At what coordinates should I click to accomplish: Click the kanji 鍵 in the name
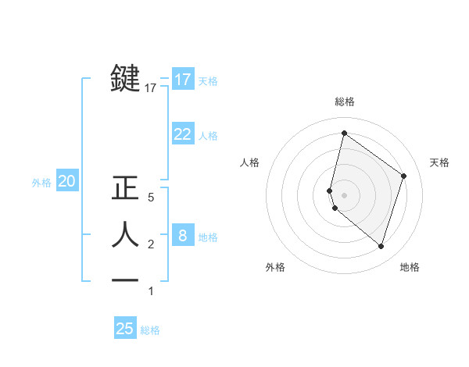(x=127, y=79)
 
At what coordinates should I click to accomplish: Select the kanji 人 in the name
(x=127, y=234)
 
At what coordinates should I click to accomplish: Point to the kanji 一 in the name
(x=127, y=280)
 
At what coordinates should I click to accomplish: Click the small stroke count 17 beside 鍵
(x=151, y=89)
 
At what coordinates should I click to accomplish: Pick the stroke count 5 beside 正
(x=151, y=198)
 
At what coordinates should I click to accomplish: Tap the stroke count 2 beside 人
(x=151, y=244)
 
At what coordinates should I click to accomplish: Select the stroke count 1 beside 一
(x=151, y=291)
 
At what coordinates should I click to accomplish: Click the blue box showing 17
(x=182, y=80)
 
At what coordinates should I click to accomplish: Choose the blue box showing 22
(x=182, y=134)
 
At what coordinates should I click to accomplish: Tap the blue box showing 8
(x=182, y=235)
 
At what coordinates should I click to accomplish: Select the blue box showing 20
(x=66, y=181)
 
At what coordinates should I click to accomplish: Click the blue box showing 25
(x=125, y=329)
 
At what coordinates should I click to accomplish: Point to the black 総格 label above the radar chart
(x=345, y=102)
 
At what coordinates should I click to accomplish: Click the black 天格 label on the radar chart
(x=440, y=162)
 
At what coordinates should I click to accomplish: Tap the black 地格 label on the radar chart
(x=410, y=268)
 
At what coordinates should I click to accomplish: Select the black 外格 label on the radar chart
(x=275, y=268)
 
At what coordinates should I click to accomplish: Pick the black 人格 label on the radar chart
(x=250, y=162)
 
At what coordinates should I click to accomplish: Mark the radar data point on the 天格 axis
(x=404, y=176)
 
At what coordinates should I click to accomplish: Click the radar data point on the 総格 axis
(x=344, y=134)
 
